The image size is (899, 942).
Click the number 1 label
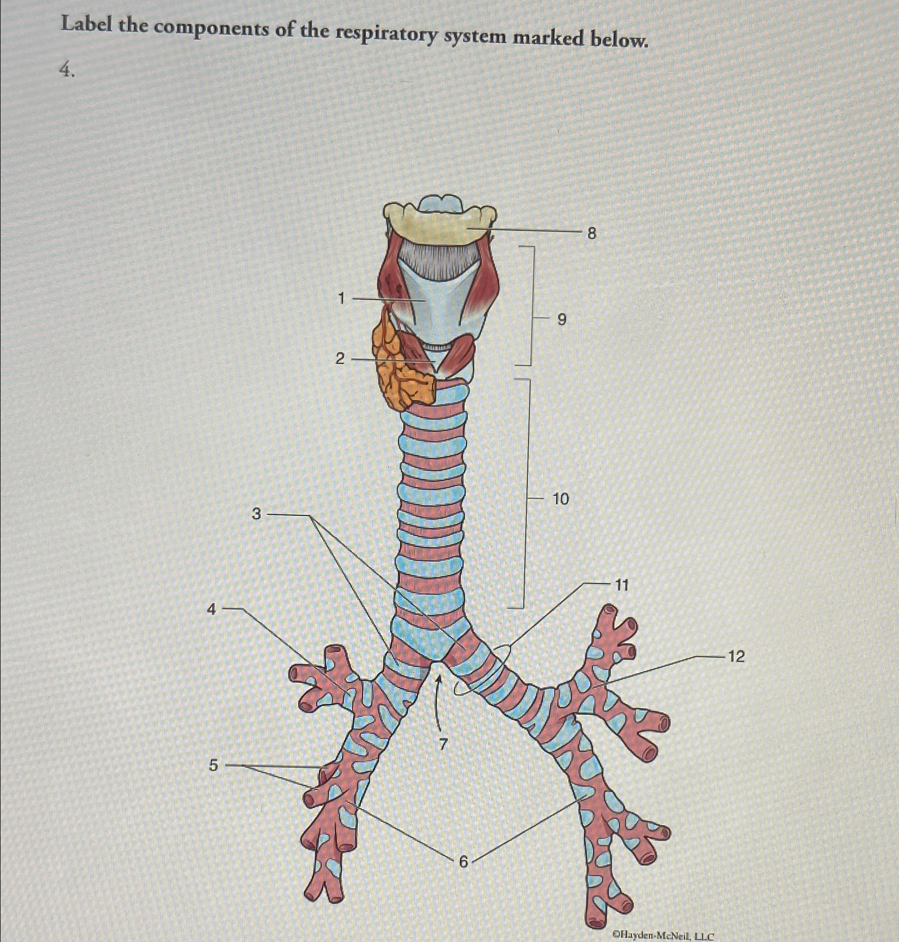click(342, 299)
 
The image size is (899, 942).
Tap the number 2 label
click(340, 359)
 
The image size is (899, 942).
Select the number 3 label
click(257, 514)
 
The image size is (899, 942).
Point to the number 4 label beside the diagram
click(212, 609)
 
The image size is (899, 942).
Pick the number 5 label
click(213, 765)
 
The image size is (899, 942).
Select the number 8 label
click(592, 233)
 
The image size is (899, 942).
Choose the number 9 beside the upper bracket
click(562, 319)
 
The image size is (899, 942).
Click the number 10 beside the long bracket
click(560, 498)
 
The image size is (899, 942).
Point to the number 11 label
click(621, 585)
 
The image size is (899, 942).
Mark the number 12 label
click(736, 656)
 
